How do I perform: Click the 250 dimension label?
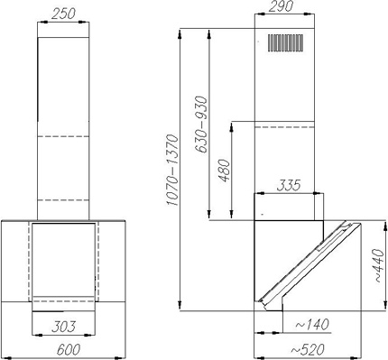pyautogui.click(x=62, y=14)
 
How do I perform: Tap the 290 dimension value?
pyautogui.click(x=281, y=6)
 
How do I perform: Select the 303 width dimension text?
pyautogui.click(x=63, y=327)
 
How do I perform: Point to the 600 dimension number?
pyautogui.click(x=69, y=349)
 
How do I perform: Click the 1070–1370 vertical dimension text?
pyautogui.click(x=173, y=171)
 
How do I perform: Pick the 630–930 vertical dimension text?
pyautogui.click(x=201, y=125)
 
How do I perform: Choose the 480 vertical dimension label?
pyautogui.click(x=224, y=171)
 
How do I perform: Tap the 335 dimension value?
pyautogui.click(x=289, y=185)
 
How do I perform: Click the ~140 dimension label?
pyautogui.click(x=311, y=325)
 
